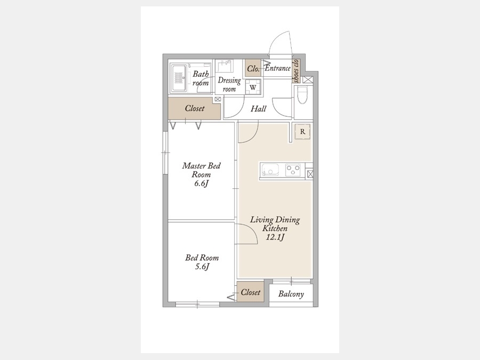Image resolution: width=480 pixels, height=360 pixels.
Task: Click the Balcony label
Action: point(291,294)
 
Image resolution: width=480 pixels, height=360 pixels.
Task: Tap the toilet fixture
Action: point(302,95)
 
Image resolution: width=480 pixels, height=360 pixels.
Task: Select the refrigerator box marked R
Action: point(302,132)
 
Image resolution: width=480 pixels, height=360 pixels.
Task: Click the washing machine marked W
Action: point(253,87)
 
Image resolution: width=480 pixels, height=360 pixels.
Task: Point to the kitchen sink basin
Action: point(270,170)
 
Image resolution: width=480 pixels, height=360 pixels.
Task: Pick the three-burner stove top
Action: point(293,170)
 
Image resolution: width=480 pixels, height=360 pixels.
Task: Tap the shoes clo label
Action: point(295,71)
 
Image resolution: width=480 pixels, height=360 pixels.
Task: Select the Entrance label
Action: point(277,68)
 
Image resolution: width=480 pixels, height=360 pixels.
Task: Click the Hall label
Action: point(258,109)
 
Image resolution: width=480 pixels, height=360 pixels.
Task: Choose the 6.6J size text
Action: point(201,183)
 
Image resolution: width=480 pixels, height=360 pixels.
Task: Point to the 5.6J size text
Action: point(202,267)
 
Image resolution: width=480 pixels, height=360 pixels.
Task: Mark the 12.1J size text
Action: point(275,237)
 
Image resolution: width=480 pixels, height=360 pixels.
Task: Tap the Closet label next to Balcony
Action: point(251,292)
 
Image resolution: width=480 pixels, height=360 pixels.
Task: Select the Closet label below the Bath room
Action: point(194,108)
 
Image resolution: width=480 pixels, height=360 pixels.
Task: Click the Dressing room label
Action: point(229,84)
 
